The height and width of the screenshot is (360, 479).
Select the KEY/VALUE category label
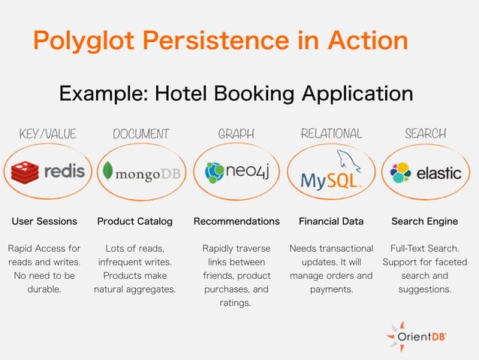[47, 134]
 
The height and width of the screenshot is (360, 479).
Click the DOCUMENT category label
[140, 134]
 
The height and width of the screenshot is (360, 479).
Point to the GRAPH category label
[236, 134]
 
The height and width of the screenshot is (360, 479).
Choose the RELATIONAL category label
[330, 134]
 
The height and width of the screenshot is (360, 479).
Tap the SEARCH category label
[425, 134]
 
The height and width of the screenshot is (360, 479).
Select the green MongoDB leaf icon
[108, 172]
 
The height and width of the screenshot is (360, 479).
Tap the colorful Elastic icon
[400, 173]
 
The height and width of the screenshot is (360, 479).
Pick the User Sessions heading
[44, 222]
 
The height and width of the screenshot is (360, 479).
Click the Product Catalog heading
[135, 222]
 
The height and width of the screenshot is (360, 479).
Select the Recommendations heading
[236, 222]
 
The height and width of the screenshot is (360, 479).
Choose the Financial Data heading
[331, 222]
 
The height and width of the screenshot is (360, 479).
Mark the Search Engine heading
[424, 222]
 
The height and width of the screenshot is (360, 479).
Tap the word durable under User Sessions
[44, 289]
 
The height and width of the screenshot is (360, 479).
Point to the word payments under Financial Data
[331, 289]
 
